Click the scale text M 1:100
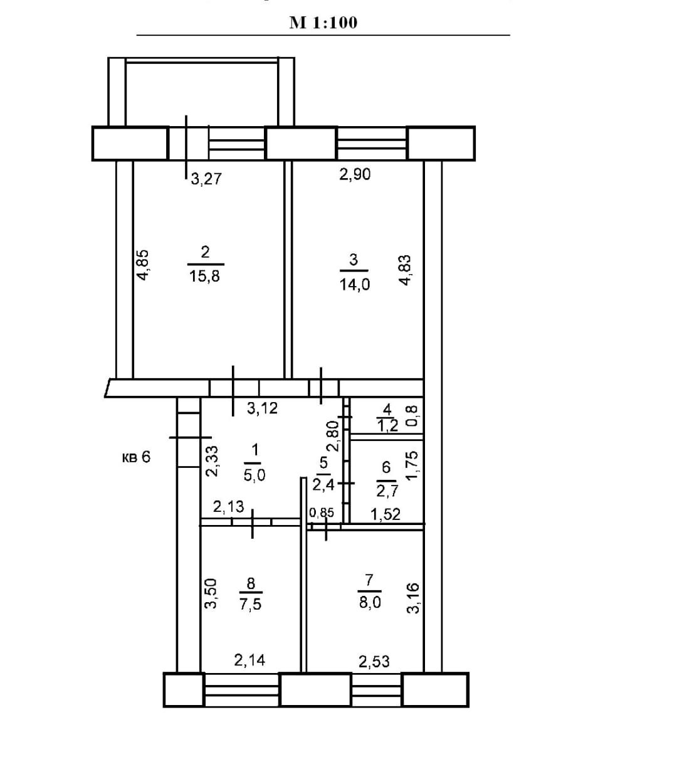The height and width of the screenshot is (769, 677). pos(323,23)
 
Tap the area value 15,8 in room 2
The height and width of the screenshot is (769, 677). pos(205,275)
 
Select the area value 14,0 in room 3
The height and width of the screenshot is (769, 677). pos(354,284)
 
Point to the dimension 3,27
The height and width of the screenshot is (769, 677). pos(206,179)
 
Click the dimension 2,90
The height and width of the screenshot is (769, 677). pos(355,174)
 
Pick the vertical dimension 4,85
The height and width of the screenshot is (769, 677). pos(143,265)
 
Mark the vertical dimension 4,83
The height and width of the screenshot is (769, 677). pos(405,270)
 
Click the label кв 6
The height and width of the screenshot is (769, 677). pos(136,457)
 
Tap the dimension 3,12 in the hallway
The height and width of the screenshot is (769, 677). pos(262,409)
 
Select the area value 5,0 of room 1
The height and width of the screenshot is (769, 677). pos(255,475)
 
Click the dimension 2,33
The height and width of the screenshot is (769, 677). pos(212,462)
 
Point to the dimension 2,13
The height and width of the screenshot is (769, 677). pos(228,507)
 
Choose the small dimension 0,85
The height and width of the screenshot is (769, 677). pos(322,513)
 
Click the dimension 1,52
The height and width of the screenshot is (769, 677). pos(386,515)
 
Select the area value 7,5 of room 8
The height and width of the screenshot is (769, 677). pos(250,605)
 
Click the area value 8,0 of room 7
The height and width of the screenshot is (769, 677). pos(369,603)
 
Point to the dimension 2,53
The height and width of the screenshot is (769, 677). pos(374,661)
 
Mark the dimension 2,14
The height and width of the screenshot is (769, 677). pos(249,659)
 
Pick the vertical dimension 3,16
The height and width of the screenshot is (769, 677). pos(413,599)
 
